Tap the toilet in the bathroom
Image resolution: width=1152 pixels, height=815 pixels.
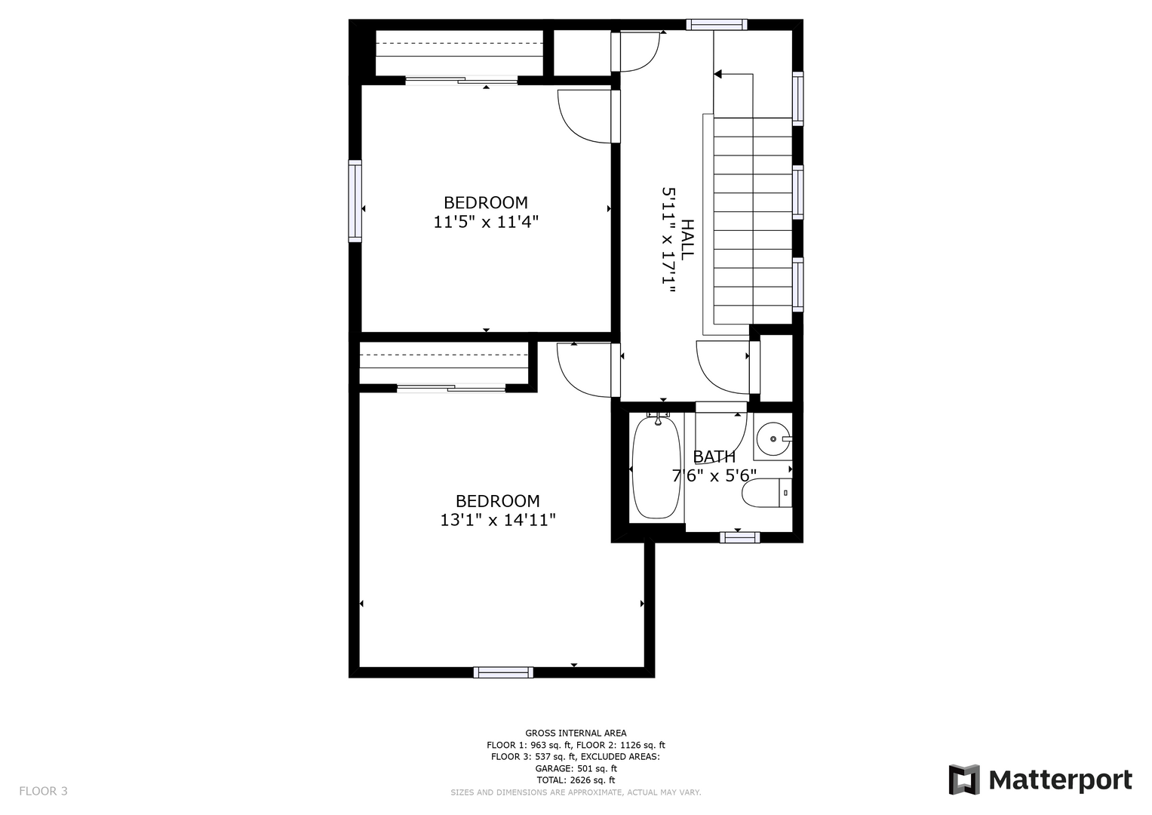[766, 493]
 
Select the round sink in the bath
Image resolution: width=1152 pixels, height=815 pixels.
[773, 439]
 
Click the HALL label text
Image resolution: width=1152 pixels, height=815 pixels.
[687, 238]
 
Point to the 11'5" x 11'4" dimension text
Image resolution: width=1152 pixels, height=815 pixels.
[486, 222]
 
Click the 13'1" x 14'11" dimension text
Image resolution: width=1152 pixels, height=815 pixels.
[498, 520]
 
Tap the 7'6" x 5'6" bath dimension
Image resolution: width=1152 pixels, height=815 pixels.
[714, 475]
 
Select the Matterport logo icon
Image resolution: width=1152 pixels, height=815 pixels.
[963, 780]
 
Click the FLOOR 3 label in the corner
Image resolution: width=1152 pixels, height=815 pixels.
[43, 791]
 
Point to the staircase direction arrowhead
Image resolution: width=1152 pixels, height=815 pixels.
[718, 75]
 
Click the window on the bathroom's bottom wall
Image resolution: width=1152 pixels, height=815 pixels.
[739, 537]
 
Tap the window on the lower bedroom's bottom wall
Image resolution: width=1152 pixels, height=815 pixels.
[503, 672]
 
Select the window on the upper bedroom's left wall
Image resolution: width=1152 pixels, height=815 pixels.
[355, 201]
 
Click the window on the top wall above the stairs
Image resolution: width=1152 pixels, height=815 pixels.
[717, 25]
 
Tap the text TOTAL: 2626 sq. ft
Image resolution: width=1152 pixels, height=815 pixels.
[576, 780]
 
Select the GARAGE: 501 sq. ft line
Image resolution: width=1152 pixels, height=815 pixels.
[576, 769]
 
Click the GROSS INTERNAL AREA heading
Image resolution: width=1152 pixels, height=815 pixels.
[576, 733]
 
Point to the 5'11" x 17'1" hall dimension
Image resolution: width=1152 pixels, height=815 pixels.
[668, 240]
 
